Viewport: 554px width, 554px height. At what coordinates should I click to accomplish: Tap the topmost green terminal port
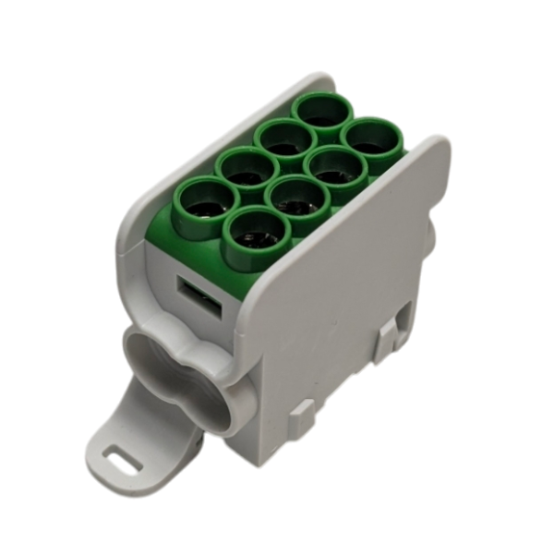point(322,112)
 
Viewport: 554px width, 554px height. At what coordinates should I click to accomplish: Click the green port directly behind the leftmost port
point(247,168)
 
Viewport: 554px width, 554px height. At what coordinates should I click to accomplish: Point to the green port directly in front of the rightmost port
point(335,168)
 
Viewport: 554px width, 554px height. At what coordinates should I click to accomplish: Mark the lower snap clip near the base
point(306,426)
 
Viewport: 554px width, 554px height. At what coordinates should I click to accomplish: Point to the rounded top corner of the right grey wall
point(439,148)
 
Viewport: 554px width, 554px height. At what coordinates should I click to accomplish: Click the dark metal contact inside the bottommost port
point(256,237)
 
